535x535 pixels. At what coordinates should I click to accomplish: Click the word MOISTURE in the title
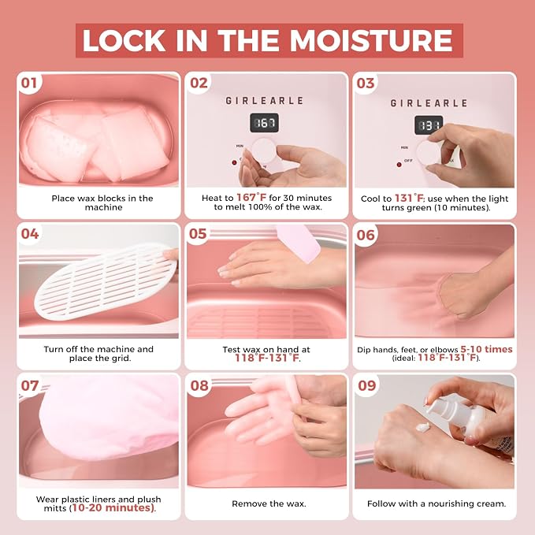point(371,40)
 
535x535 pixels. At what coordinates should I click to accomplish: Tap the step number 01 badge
point(29,83)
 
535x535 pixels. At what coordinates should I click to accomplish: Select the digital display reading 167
point(265,123)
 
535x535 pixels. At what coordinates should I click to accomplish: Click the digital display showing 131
point(428,125)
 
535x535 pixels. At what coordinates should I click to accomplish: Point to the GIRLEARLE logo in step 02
point(265,101)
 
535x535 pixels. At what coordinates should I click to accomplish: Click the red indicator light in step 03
point(399,165)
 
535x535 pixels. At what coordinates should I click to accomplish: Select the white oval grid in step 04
point(106,281)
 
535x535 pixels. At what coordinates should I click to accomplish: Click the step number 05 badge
point(198,234)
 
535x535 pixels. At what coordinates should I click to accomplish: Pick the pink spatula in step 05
point(299,243)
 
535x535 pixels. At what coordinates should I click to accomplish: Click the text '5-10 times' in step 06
point(486,349)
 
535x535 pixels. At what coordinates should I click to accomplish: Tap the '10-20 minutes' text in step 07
point(113,507)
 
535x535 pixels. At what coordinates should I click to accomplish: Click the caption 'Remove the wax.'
point(269,503)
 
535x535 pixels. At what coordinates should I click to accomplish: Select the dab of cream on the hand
point(423,427)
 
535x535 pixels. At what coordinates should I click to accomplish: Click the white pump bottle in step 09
point(467,423)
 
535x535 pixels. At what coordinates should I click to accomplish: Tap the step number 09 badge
point(367,385)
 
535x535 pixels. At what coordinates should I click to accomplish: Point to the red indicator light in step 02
point(234,162)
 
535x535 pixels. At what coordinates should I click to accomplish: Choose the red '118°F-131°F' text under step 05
point(267,358)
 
